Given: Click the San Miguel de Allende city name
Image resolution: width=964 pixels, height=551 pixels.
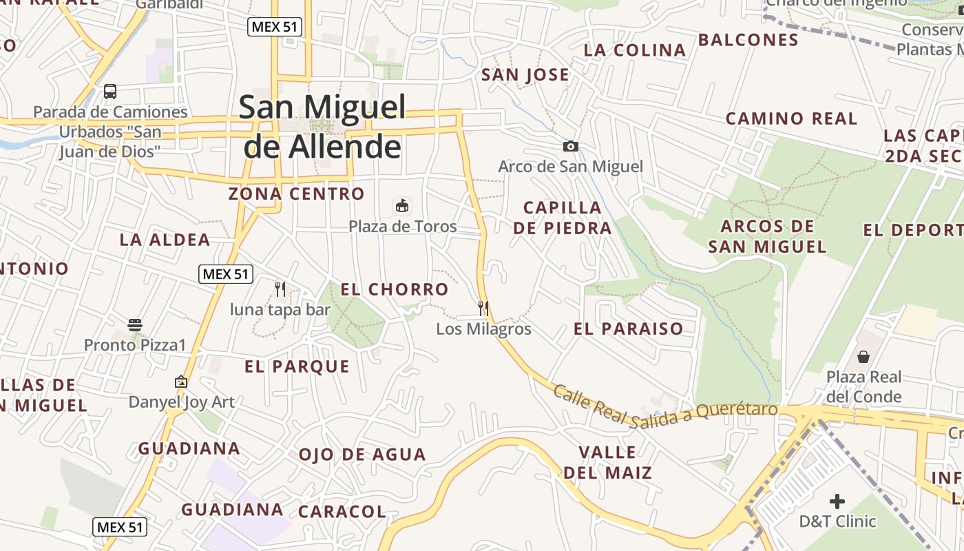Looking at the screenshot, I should click(x=322, y=127).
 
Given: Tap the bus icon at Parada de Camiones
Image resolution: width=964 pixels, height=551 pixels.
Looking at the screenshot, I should click(x=110, y=91).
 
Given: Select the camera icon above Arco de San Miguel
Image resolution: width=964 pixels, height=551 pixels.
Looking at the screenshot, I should click(x=570, y=146).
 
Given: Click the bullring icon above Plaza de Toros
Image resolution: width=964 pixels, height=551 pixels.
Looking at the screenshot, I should click(x=402, y=205).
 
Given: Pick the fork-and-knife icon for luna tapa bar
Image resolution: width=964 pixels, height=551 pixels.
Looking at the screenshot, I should click(x=280, y=289).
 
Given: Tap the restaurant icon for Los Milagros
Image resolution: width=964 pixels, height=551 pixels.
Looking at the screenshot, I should click(x=483, y=308).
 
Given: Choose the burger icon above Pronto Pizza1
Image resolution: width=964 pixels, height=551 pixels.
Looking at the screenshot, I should click(x=135, y=324).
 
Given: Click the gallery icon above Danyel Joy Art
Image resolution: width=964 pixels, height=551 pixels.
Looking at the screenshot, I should click(x=181, y=381).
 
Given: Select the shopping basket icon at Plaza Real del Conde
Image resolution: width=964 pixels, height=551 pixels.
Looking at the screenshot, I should click(x=863, y=356).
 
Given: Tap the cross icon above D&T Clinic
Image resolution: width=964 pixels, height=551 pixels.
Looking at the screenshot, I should click(x=837, y=501).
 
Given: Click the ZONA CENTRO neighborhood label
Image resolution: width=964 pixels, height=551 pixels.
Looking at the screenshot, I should click(x=296, y=194).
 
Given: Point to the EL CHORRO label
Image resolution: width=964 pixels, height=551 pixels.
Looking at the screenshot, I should click(x=395, y=289).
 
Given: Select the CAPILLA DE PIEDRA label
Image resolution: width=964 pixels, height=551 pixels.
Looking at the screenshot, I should click(x=563, y=218).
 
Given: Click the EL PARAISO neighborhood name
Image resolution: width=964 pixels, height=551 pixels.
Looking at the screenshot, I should click(x=628, y=329).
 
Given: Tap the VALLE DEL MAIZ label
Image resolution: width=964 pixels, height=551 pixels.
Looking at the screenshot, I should click(x=607, y=462).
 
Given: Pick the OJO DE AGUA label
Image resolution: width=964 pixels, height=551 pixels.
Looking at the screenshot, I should click(x=362, y=455).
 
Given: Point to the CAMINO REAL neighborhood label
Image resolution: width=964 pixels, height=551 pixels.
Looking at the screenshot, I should click(x=792, y=118).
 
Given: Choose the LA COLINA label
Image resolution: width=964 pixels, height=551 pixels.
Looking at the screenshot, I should click(x=635, y=50).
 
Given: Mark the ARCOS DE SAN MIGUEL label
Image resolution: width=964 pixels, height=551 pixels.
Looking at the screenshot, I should click(x=767, y=236).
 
